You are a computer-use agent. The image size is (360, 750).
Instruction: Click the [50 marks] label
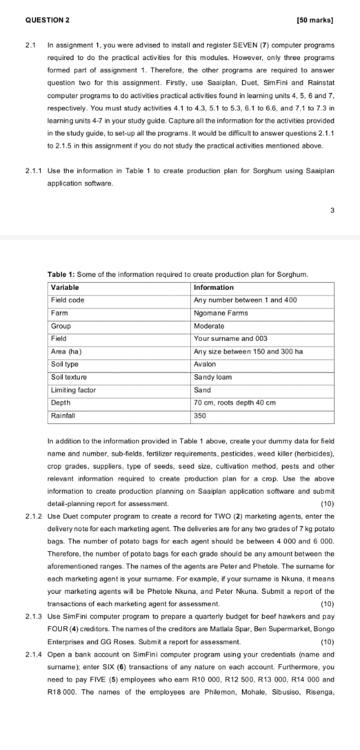[x=315, y=20]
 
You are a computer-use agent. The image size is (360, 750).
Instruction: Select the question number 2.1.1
[x=34, y=171]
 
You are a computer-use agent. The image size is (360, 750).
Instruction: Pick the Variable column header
[x=65, y=287]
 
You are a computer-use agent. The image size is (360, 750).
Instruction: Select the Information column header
[x=214, y=287]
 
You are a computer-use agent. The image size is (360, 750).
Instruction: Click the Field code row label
[x=68, y=300]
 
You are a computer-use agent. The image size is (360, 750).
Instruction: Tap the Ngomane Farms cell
[x=221, y=313]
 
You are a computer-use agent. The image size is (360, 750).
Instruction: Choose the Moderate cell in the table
[x=209, y=326]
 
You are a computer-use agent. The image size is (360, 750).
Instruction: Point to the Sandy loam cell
[x=212, y=377]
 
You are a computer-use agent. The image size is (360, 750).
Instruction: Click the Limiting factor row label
[x=73, y=390]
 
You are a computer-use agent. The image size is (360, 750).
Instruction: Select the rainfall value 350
[x=200, y=416]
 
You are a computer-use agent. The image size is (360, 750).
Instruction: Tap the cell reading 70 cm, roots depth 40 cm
[x=235, y=403]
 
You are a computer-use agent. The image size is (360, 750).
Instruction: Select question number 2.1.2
[x=34, y=516]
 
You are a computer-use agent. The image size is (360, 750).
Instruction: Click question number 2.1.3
[x=34, y=616]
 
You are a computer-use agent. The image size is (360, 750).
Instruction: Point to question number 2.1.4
[x=34, y=654]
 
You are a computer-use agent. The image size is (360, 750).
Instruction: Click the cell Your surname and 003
[x=226, y=338]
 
